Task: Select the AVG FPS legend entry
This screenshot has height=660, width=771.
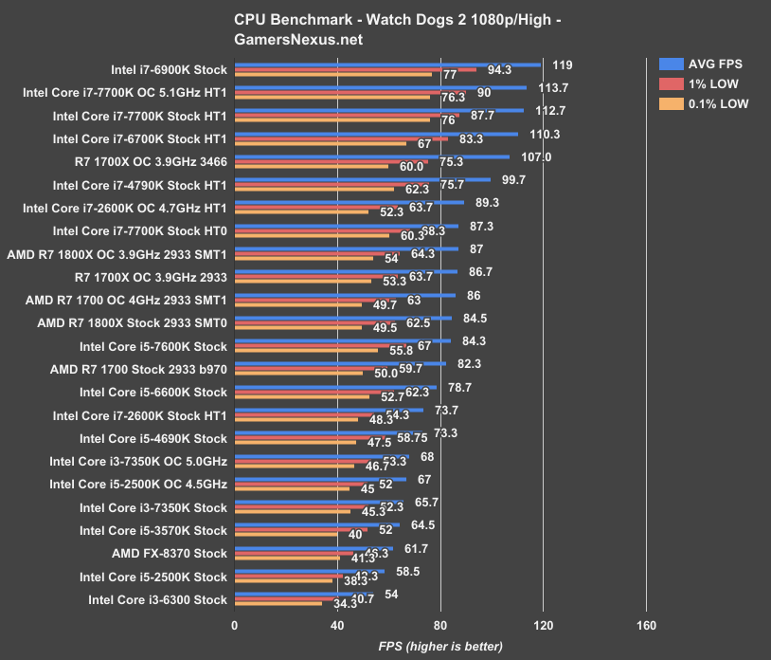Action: [x=702, y=64]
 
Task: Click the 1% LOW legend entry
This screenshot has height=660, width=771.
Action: [x=702, y=84]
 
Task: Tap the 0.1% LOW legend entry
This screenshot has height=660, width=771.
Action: [x=702, y=104]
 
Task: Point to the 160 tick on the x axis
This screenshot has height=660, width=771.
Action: [x=646, y=626]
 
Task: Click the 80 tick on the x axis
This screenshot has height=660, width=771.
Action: [x=440, y=626]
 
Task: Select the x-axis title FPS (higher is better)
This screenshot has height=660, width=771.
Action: [x=440, y=647]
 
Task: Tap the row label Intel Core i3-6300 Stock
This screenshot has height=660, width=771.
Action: [x=157, y=599]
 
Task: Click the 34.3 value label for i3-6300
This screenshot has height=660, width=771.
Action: [x=333, y=604]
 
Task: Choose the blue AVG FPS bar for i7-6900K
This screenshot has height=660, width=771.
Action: [x=387, y=65]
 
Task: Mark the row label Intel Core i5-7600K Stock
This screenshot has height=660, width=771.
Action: [x=153, y=346]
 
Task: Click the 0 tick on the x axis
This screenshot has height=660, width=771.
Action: [x=235, y=626]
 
